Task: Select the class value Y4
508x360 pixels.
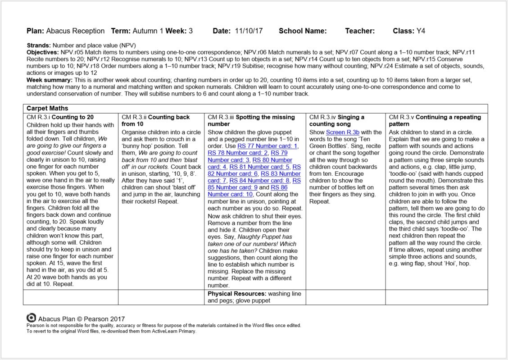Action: [x=421, y=31]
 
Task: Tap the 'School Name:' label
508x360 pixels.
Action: [x=303, y=31]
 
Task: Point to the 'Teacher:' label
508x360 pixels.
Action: [x=360, y=31]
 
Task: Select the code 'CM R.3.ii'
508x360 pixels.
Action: [x=134, y=117]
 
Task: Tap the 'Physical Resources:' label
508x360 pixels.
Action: [x=237, y=294]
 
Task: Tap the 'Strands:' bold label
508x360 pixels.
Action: [x=39, y=46]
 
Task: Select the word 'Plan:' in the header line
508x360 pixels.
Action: [x=35, y=31]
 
